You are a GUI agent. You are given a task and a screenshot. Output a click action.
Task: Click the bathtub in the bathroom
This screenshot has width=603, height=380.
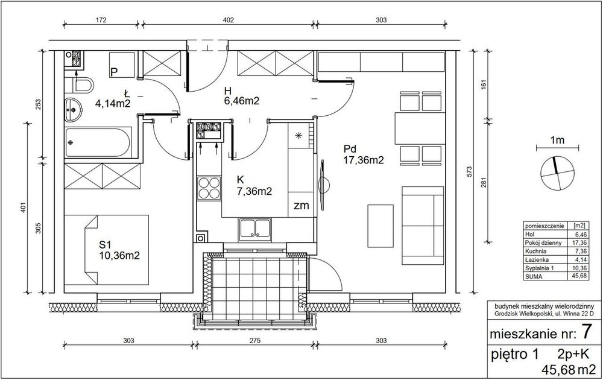pyautogui.click(x=98, y=142)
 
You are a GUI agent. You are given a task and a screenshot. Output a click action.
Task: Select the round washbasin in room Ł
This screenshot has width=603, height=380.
pyautogui.click(x=73, y=110)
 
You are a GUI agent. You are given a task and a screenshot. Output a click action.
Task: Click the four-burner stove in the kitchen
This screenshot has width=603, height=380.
pyautogui.click(x=209, y=188)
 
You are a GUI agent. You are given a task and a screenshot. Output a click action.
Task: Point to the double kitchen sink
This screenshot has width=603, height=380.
pyautogui.click(x=255, y=230)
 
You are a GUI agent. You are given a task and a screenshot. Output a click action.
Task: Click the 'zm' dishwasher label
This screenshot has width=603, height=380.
pyautogui.click(x=301, y=206)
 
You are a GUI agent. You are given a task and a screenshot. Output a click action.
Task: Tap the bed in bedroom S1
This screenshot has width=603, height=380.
pyautogui.click(x=106, y=250)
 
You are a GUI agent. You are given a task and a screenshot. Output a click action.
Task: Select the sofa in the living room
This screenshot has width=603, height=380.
pyautogui.click(x=423, y=226)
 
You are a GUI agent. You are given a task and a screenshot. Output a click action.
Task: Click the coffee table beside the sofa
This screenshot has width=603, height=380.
pyautogui.click(x=380, y=226)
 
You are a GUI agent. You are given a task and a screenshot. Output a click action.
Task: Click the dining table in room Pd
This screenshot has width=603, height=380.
pyautogui.click(x=420, y=128)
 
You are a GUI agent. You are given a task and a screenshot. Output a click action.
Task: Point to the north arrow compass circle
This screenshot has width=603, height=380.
pyautogui.click(x=557, y=174)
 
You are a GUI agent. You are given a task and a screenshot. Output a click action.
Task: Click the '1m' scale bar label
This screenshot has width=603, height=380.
pyautogui.click(x=557, y=141)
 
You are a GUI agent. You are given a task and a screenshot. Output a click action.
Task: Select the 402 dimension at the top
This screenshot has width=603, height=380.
pyautogui.click(x=229, y=20)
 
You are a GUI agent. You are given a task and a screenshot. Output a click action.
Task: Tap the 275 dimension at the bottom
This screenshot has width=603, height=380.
pyautogui.click(x=254, y=340)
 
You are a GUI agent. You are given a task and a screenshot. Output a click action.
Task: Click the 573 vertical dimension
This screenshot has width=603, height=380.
pyautogui.click(x=469, y=171)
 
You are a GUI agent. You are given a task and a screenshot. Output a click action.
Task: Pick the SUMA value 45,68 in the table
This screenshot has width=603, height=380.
pyautogui.click(x=579, y=276)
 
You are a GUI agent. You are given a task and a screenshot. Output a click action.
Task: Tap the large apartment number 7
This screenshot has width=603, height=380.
pyautogui.click(x=586, y=332)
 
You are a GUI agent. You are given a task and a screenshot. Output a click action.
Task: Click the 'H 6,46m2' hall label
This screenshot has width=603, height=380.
pyautogui.click(x=242, y=96)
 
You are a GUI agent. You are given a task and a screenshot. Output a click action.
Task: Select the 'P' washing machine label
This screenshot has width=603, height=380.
pyautogui.click(x=114, y=72)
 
